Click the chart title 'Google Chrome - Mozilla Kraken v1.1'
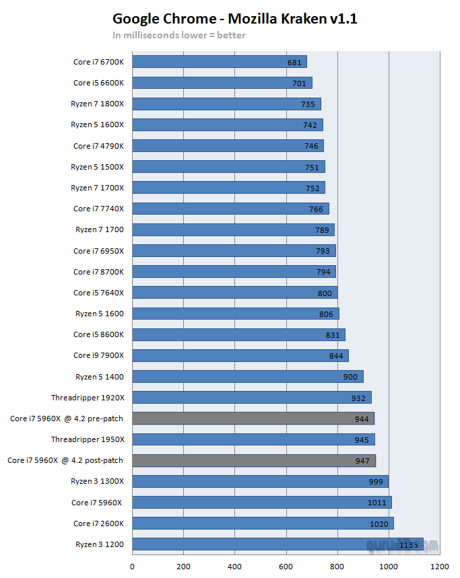click(x=235, y=19)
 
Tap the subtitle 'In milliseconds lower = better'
click(x=179, y=36)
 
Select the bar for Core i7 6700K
click(x=220, y=61)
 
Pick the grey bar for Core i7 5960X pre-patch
click(x=253, y=419)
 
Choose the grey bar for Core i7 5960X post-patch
click(x=254, y=460)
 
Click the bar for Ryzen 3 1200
click(x=277, y=544)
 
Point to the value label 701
click(x=299, y=83)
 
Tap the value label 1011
click(x=376, y=503)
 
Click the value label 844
click(x=336, y=356)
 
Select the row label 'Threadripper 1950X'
click(x=88, y=439)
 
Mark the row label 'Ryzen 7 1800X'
click(x=98, y=104)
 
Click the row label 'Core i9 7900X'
click(x=98, y=355)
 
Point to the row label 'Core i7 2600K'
click(x=98, y=523)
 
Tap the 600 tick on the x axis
click(x=286, y=567)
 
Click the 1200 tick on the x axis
click(x=440, y=567)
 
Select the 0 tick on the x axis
click(x=133, y=567)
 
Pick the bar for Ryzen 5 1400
click(x=248, y=377)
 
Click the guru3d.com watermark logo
click(x=402, y=545)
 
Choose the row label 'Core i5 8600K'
click(x=98, y=334)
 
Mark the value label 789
click(x=322, y=230)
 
